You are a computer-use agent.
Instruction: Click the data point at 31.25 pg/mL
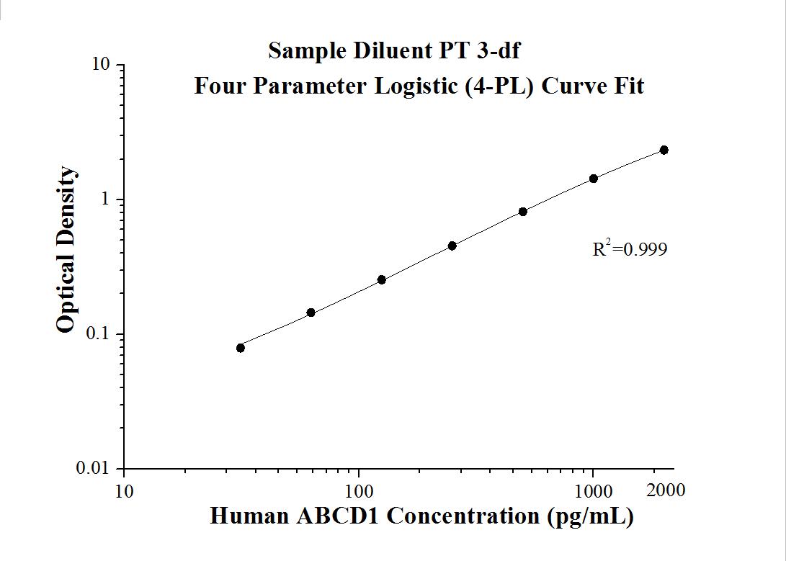(241, 348)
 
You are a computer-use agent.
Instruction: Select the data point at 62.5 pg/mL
(311, 313)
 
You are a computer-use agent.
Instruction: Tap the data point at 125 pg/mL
(382, 279)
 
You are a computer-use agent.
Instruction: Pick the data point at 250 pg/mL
(452, 246)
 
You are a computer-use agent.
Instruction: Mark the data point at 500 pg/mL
(523, 212)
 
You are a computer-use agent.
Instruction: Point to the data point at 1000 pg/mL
(594, 179)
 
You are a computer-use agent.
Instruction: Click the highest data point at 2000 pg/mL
(664, 150)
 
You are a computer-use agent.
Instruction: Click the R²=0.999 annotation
(630, 249)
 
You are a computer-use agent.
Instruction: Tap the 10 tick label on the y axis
(101, 65)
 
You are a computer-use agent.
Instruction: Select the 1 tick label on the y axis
(106, 199)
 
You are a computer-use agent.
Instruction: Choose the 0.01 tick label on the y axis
(93, 469)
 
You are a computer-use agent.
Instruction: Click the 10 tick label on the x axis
(124, 492)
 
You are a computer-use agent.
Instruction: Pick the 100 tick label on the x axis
(359, 492)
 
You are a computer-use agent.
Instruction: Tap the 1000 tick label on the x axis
(594, 492)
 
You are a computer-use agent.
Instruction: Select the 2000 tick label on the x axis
(666, 490)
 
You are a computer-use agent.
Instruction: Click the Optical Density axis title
(66, 250)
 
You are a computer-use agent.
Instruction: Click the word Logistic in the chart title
(419, 86)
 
